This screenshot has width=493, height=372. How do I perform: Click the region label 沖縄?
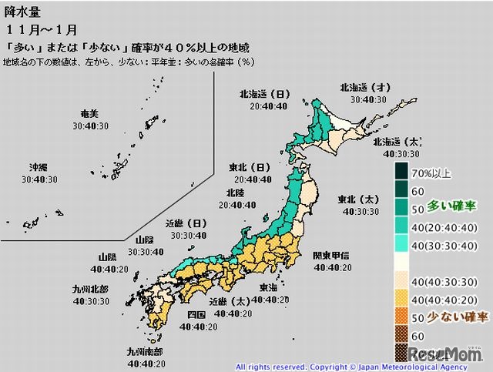(39, 167)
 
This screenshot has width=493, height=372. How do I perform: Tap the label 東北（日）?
(247, 167)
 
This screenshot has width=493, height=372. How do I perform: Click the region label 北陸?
(236, 193)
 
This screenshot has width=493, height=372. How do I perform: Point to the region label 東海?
(269, 287)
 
